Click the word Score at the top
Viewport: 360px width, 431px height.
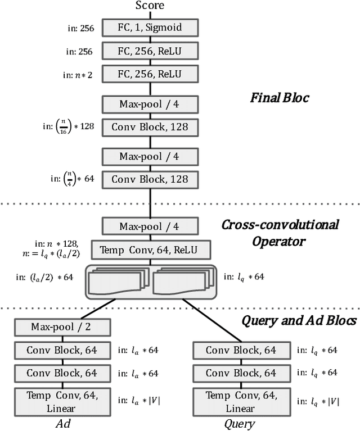pyautogui.click(x=150, y=6)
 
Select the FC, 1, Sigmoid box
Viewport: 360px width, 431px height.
pyautogui.click(x=150, y=27)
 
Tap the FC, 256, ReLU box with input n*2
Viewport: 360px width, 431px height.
pyautogui.click(x=150, y=74)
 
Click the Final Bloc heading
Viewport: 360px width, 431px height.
pyautogui.click(x=280, y=98)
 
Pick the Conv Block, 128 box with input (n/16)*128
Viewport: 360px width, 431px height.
pyautogui.click(x=150, y=127)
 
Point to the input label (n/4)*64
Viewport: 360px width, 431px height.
pyautogui.click(x=72, y=179)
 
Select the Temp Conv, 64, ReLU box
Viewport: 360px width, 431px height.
pyautogui.click(x=150, y=249)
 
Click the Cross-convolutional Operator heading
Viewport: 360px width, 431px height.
pyautogui.click(x=280, y=233)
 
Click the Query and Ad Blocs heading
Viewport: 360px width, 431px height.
pyautogui.click(x=299, y=320)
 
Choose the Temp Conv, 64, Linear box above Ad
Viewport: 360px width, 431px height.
pyautogui.click(x=55, y=401)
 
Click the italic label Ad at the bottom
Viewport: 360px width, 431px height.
pyautogui.click(x=55, y=423)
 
